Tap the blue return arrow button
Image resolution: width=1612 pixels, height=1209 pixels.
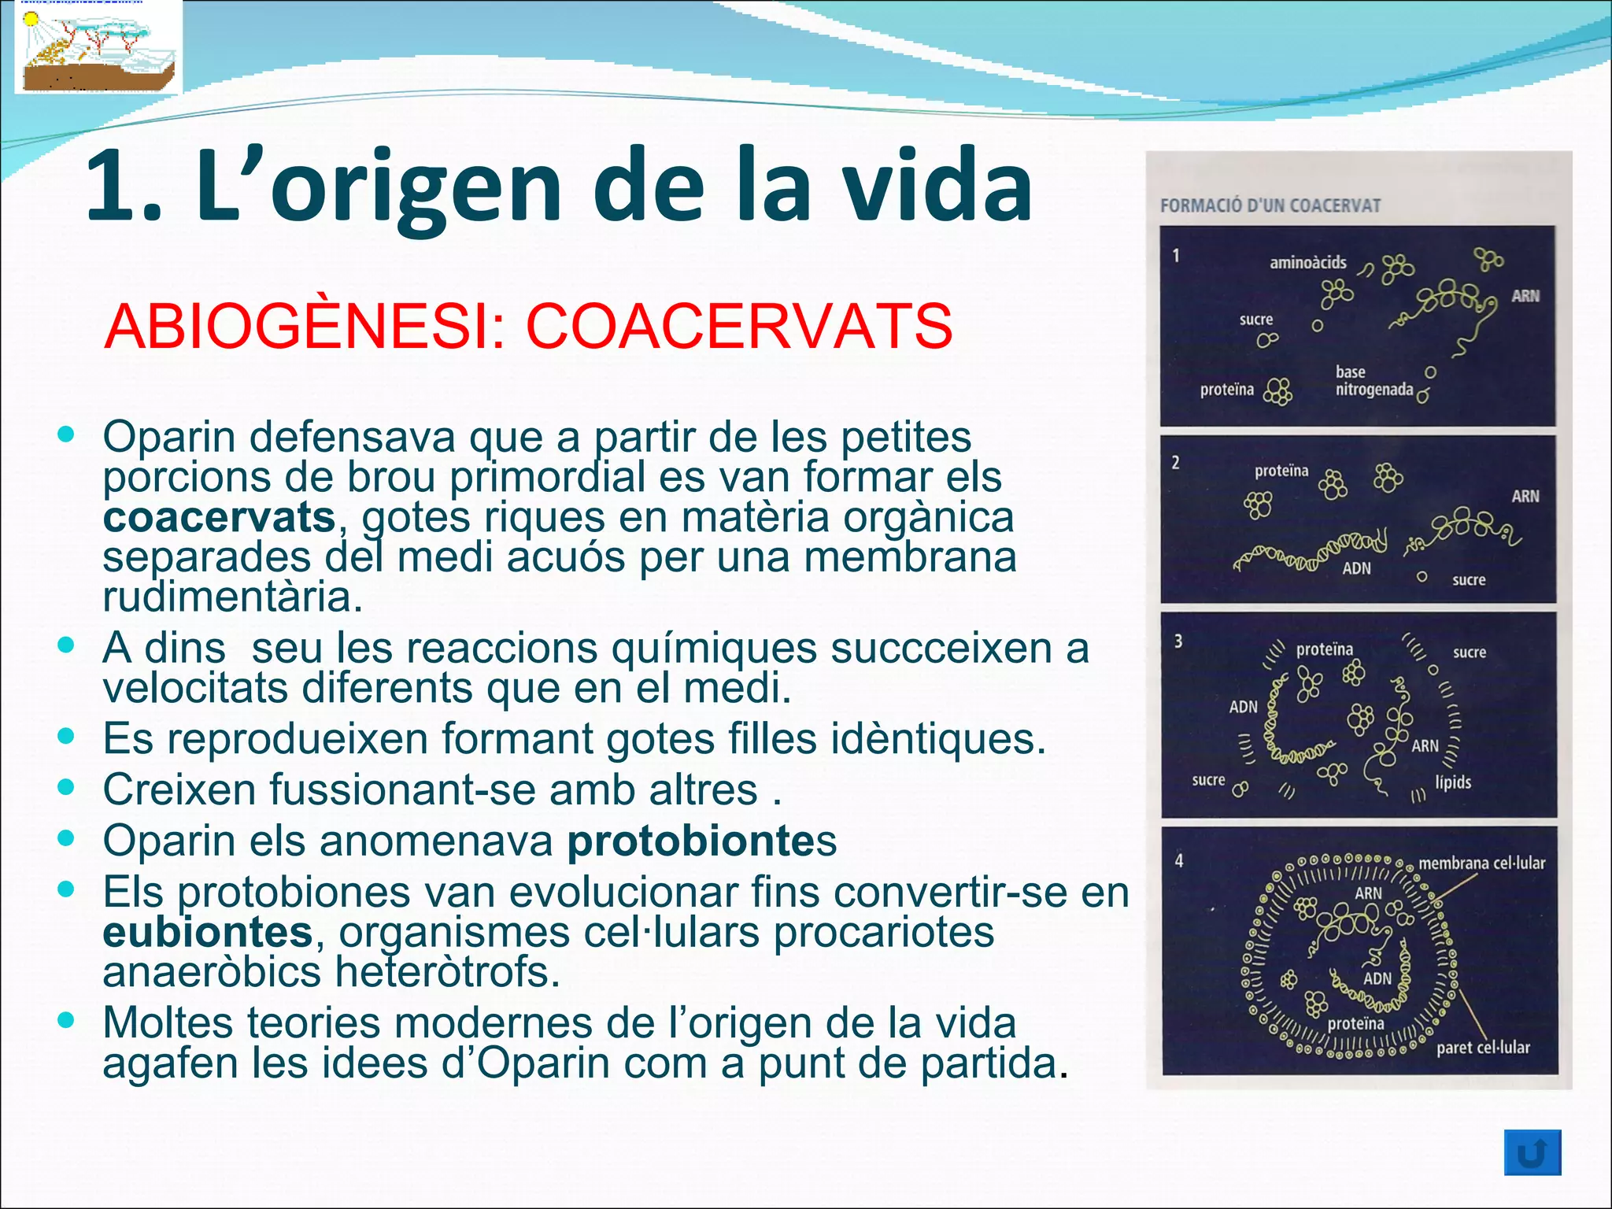tap(1532, 1153)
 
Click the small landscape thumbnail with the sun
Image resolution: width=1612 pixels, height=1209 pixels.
tap(98, 47)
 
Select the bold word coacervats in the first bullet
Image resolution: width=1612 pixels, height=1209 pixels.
tap(219, 517)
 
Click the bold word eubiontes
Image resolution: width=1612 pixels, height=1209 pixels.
tap(208, 932)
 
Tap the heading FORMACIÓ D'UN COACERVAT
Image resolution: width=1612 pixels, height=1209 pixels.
tap(1270, 205)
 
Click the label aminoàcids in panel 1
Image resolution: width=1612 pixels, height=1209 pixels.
tap(1307, 263)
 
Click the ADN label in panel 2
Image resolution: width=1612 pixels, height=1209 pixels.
tap(1355, 568)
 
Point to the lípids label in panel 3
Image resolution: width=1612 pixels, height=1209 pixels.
tap(1452, 782)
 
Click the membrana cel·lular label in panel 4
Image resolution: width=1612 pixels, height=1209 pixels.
tap(1481, 863)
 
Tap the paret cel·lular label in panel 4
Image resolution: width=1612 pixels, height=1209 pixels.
tap(1482, 1048)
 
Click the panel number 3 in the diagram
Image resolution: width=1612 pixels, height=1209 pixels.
tap(1178, 641)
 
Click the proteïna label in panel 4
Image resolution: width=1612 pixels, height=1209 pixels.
tap(1355, 1023)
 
